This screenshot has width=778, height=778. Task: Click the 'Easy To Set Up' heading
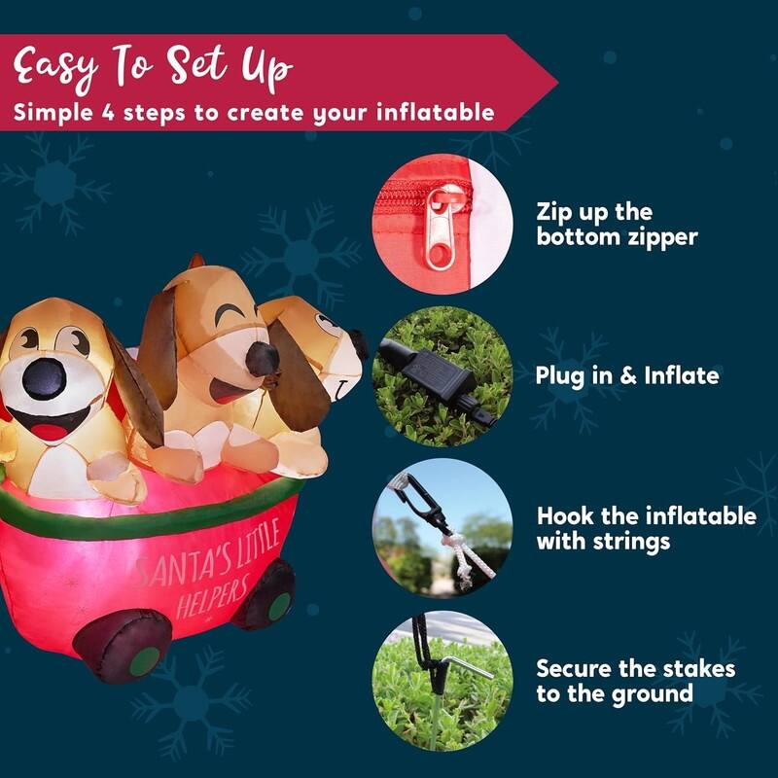pyautogui.click(x=153, y=67)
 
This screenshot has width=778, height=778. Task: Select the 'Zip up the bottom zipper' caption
pyautogui.click(x=617, y=224)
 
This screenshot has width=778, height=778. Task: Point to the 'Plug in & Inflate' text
pyautogui.click(x=627, y=375)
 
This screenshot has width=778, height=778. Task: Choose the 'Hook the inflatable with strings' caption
pyautogui.click(x=646, y=528)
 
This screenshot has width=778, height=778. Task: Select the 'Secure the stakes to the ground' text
pyautogui.click(x=635, y=681)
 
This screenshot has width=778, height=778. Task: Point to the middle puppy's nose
pyautogui.click(x=262, y=358)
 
